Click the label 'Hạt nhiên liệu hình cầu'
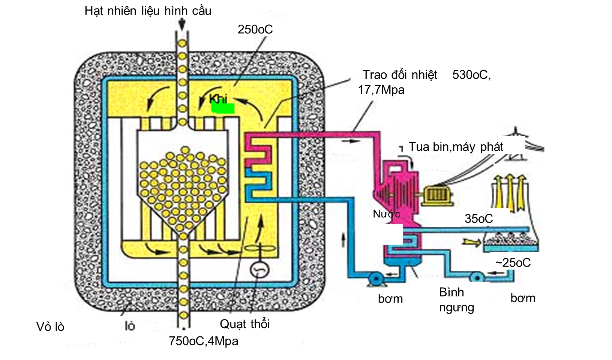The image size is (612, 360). click(148, 11)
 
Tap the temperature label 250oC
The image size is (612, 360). click(255, 30)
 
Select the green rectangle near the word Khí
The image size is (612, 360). click(223, 108)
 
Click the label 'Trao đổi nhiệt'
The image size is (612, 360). click(400, 75)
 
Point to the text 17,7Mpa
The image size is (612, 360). click(381, 90)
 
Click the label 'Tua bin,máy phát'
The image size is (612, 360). click(456, 147)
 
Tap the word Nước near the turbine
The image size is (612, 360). click(386, 214)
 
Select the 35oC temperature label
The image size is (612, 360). click(478, 219)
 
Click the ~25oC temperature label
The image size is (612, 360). click(513, 262)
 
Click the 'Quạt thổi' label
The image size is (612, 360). click(244, 324)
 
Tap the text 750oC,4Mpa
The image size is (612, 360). click(203, 341)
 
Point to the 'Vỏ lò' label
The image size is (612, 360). click(50, 327)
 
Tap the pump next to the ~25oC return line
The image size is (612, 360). click(477, 277)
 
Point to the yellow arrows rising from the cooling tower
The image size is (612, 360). click(510, 189)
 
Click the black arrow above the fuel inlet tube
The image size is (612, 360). click(182, 25)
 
